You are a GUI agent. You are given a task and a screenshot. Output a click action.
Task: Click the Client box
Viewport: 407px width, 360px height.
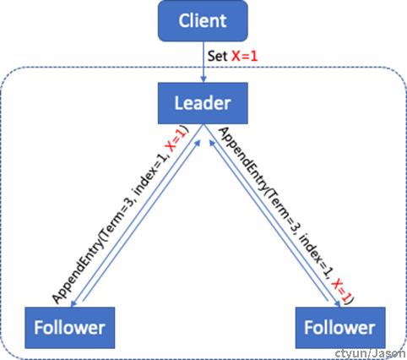pos(203,21)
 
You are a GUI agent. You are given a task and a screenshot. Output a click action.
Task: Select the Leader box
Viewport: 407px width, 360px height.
pos(203,103)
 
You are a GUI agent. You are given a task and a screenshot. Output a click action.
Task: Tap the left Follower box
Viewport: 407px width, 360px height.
pos(70,328)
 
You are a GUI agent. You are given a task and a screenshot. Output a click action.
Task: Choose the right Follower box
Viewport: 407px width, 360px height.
pos(340,328)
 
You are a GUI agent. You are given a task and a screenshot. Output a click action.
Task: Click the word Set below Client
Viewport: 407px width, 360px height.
pos(217,56)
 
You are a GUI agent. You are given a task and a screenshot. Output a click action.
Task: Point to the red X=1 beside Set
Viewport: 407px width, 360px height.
pos(244,56)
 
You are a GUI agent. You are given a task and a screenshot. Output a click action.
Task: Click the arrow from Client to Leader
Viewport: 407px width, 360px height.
pos(203,62)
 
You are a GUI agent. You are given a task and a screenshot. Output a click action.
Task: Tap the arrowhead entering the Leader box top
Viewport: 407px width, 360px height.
pos(203,79)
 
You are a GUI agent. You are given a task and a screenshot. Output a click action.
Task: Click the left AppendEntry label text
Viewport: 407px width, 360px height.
pos(120,215)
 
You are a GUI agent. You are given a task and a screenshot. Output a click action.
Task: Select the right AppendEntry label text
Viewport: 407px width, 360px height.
pos(285,215)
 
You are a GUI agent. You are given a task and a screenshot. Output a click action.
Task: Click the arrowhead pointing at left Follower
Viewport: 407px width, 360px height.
pos(73,303)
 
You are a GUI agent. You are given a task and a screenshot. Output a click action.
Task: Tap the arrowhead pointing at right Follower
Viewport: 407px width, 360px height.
pos(338,303)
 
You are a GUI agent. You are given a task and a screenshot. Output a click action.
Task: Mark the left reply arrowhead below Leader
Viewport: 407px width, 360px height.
pos(198,142)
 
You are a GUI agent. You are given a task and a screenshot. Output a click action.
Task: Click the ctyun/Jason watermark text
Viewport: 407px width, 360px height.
pos(371,354)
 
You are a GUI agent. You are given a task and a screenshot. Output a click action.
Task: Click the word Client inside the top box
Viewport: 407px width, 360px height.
pos(203,21)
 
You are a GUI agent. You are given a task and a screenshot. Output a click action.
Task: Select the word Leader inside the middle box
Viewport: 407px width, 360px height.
pos(203,103)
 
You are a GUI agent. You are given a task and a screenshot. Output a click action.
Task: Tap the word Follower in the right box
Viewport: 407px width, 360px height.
pos(339,328)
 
